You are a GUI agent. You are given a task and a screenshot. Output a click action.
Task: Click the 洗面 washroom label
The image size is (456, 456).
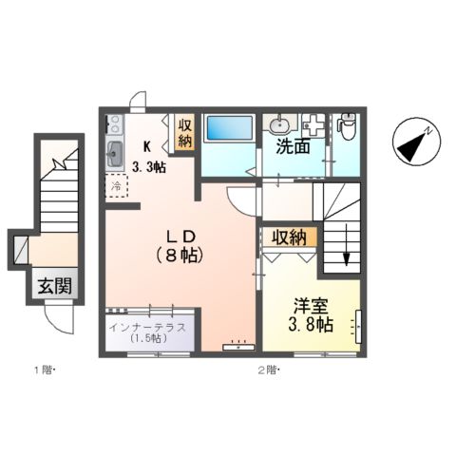pyautogui.click(x=293, y=149)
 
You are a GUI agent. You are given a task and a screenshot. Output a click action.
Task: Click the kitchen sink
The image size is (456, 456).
pyautogui.click(x=115, y=152)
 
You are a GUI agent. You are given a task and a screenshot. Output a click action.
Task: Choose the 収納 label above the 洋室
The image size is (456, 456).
pyautogui.click(x=289, y=237)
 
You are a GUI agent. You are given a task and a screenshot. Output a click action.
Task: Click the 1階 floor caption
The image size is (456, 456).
pyautogui.click(x=46, y=370)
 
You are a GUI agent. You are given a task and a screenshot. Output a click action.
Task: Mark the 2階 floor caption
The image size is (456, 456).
pyautogui.click(x=269, y=370)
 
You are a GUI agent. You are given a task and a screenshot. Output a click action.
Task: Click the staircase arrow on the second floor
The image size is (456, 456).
pyautogui.click(x=345, y=256)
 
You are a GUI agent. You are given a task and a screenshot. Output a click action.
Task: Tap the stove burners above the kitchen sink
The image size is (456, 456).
pyautogui.click(x=115, y=124)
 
